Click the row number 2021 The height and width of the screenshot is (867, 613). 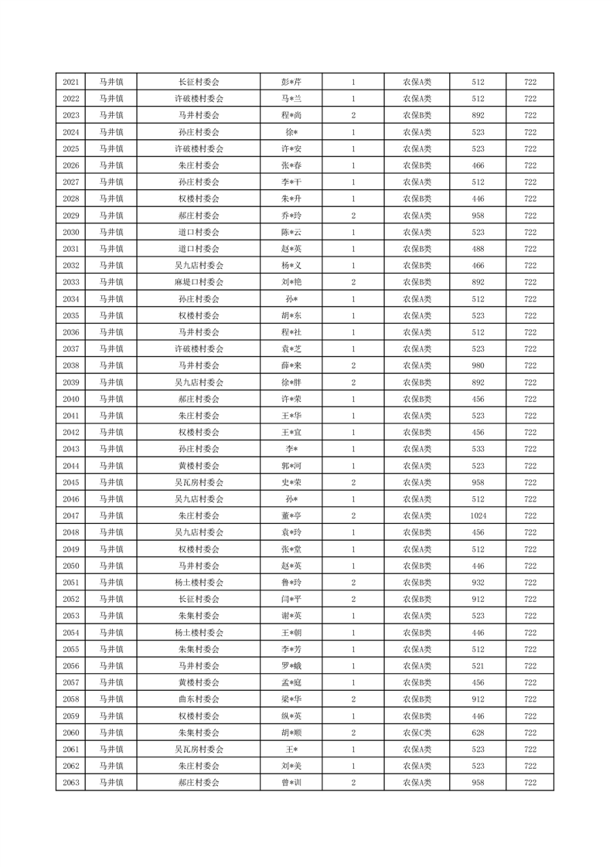[70, 82]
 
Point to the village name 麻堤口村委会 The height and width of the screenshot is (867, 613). [199, 282]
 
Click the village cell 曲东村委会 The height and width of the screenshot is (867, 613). [199, 699]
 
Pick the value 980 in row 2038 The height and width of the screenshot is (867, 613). [477, 365]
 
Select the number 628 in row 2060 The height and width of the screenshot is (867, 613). [477, 732]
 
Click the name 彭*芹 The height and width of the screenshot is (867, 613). [291, 82]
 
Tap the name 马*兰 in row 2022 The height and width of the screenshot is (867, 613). [291, 99]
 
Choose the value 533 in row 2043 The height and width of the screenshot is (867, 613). [477, 449]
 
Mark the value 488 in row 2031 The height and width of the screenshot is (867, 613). [477, 249]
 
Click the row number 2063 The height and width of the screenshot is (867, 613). [70, 782]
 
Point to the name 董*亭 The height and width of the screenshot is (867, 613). [291, 515]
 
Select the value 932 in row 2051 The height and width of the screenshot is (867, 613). [477, 582]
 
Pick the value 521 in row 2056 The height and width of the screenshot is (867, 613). [477, 665]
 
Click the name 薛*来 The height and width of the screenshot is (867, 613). [291, 365]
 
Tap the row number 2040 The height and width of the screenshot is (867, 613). [70, 399]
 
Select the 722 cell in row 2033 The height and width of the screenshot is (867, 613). [530, 282]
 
